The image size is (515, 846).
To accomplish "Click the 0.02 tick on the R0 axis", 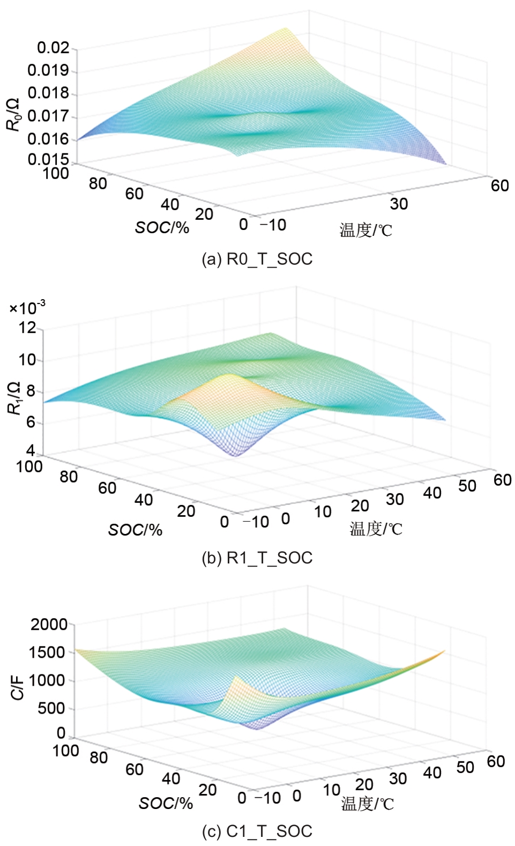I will (x=54, y=48).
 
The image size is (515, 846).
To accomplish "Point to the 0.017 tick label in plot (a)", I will (x=48, y=116).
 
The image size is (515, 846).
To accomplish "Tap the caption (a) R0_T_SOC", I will (x=257, y=259).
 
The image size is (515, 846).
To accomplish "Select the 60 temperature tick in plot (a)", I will (x=499, y=185).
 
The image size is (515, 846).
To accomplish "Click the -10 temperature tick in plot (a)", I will (x=273, y=225).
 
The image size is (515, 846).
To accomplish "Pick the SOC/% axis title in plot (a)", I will (x=162, y=228).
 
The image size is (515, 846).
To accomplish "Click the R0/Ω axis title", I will (x=13, y=115).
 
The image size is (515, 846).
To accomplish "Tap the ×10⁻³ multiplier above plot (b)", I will (x=27, y=308).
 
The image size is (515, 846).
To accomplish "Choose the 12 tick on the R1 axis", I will (x=27, y=327).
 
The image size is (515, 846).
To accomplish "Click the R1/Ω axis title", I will (x=14, y=398).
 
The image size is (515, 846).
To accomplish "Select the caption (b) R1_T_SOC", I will (x=257, y=558).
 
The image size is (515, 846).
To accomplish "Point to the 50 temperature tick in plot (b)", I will (x=467, y=486).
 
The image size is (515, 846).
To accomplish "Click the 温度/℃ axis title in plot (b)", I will (x=376, y=529).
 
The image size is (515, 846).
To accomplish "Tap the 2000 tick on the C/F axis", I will (x=49, y=624).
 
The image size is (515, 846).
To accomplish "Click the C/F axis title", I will (x=18, y=687).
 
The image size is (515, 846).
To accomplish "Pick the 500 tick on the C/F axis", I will (x=51, y=708).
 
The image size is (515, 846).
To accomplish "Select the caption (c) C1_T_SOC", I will (x=257, y=831).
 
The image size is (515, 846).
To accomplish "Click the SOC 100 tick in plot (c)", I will (x=65, y=751).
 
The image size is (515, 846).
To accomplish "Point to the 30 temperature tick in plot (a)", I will (x=399, y=204).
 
